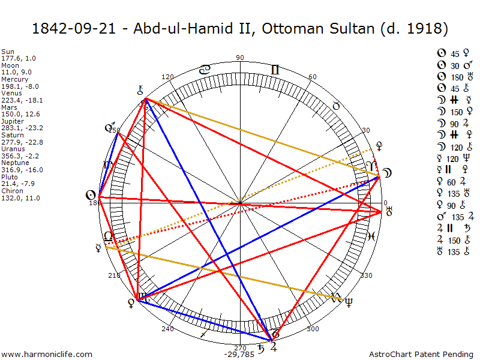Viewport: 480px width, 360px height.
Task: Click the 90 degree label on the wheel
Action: pyautogui.click(x=240, y=58)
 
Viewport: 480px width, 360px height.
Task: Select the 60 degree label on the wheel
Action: pyautogui.click(x=312, y=77)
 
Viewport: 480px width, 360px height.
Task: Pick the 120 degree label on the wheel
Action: pyautogui.click(x=167, y=77)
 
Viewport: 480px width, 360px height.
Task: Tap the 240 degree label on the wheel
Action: pyautogui.click(x=167, y=328)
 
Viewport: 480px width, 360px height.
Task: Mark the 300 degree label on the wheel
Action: pyautogui.click(x=312, y=328)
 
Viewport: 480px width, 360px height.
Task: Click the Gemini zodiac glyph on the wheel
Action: pyautogui.click(x=275, y=70)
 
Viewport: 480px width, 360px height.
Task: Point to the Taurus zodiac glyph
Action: pyautogui.click(x=337, y=105)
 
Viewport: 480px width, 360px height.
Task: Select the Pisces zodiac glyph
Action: pyautogui.click(x=371, y=236)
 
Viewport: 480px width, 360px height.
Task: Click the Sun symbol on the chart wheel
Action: pyautogui.click(x=91, y=195)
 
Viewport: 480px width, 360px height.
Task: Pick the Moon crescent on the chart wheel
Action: pyautogui.click(x=388, y=173)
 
